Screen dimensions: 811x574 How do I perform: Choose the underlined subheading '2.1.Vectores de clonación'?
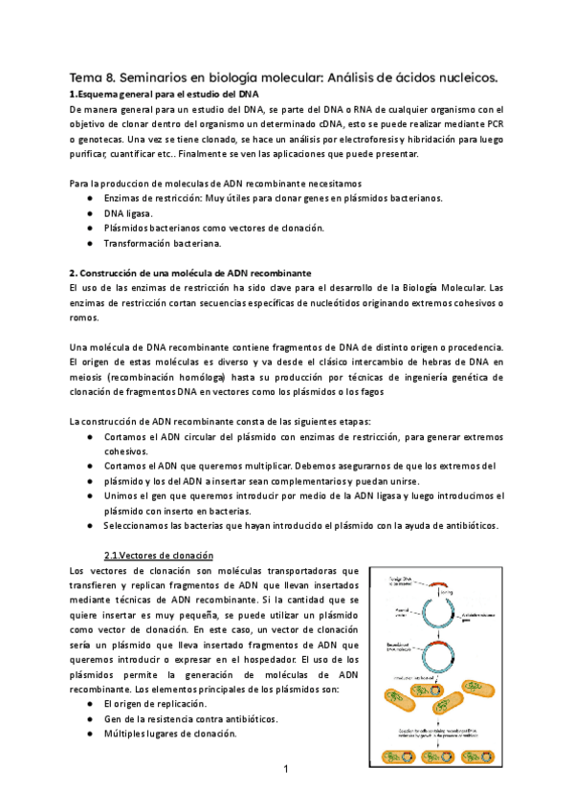coord(158,556)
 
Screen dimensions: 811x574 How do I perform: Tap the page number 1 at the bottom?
coord(286,768)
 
